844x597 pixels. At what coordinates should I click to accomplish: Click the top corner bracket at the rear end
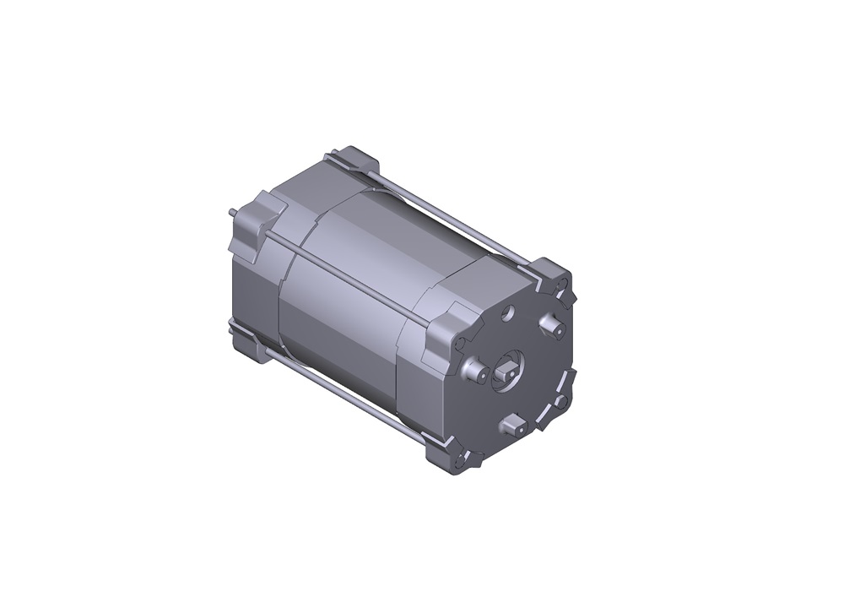[x=354, y=160]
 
